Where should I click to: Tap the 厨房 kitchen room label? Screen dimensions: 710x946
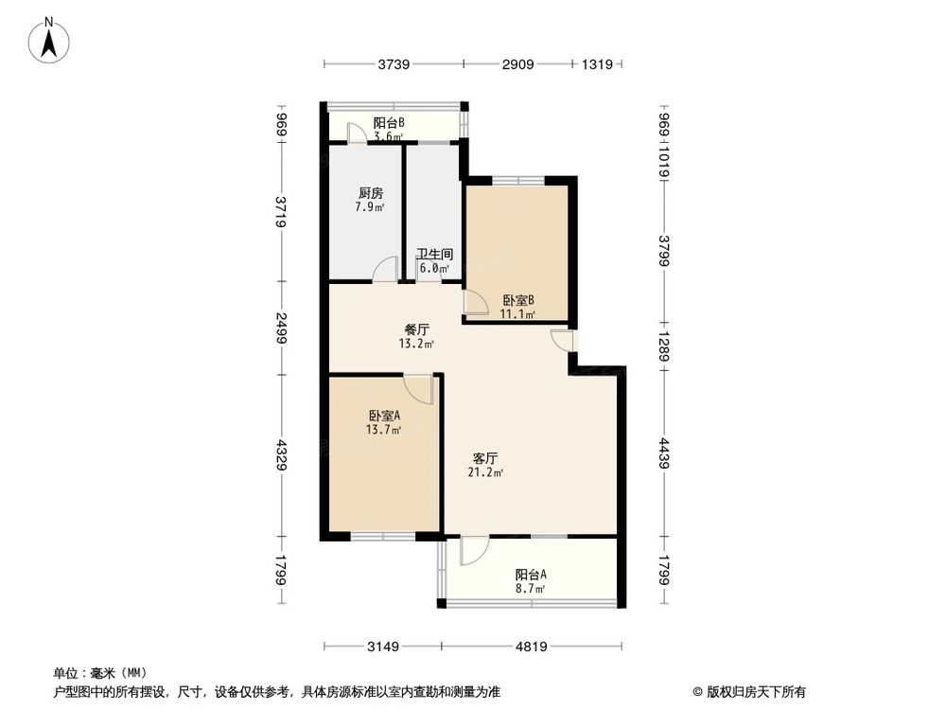point(370,193)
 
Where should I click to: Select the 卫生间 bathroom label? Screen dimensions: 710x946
point(434,255)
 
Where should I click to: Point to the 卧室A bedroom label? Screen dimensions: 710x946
point(384,416)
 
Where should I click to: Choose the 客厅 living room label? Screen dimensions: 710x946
point(485,457)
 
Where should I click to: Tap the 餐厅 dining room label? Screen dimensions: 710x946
point(417,330)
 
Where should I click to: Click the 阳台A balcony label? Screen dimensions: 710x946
point(531,575)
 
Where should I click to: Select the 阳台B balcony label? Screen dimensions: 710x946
point(389,123)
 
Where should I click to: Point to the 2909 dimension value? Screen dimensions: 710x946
point(517,64)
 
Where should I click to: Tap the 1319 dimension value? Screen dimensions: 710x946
point(598,64)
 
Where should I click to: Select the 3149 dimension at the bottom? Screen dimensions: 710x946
point(384,648)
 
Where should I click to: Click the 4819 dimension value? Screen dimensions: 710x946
point(531,648)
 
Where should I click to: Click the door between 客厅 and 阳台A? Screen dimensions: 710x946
point(473,550)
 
